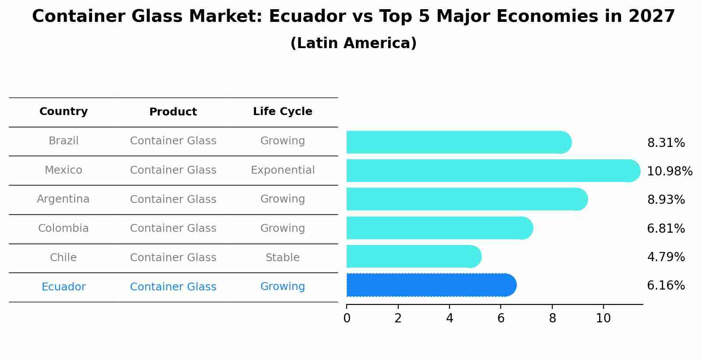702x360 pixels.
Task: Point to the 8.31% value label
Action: click(666, 143)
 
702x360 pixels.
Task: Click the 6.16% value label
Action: click(666, 286)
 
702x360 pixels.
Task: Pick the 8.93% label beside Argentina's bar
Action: click(666, 200)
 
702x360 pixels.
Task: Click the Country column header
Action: click(63, 112)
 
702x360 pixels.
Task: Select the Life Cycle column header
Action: click(282, 112)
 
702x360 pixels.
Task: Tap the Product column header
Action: click(173, 112)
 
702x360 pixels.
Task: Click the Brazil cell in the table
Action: click(63, 141)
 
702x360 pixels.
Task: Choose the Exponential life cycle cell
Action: click(282, 170)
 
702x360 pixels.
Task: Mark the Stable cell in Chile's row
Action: click(282, 258)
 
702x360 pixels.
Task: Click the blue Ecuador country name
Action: click(63, 287)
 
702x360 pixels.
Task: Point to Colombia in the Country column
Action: click(63, 228)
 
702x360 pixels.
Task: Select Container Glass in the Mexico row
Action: click(173, 170)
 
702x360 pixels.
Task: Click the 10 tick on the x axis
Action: click(603, 318)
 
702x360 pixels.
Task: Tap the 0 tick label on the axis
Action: click(347, 318)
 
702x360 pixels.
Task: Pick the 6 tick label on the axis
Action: click(501, 318)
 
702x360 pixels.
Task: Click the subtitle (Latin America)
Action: click(353, 43)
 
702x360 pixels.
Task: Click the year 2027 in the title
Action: click(652, 17)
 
